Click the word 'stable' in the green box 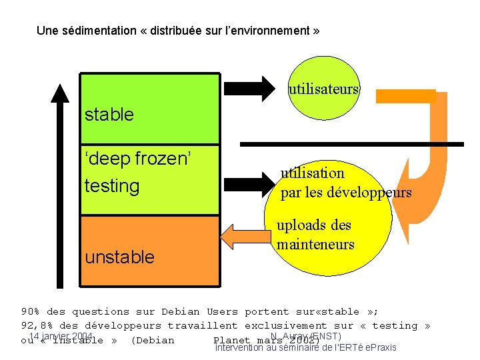click(109, 115)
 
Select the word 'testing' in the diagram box click(112, 185)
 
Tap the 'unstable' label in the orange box click(120, 257)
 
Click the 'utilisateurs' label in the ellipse click(323, 89)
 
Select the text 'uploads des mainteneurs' click(315, 235)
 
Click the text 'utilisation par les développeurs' click(345, 183)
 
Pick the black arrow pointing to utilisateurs click(248, 88)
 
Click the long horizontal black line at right click(351, 144)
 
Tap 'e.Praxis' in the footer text click(379, 347)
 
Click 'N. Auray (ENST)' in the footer click(307, 336)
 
